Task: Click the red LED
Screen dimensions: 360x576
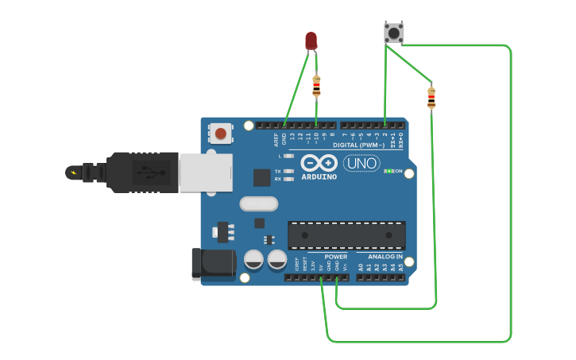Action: (x=311, y=40)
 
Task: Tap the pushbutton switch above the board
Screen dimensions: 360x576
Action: (x=393, y=33)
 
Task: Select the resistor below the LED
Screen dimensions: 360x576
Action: (x=317, y=85)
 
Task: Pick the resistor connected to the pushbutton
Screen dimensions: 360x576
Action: (x=431, y=98)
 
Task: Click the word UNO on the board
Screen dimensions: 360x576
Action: (x=361, y=163)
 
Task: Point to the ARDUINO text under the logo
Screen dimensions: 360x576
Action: (x=319, y=176)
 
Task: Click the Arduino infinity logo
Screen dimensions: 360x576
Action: (x=319, y=163)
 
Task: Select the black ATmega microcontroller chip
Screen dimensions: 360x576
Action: (x=346, y=234)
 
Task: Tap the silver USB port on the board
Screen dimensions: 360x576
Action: (x=206, y=172)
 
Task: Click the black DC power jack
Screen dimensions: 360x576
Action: (x=213, y=264)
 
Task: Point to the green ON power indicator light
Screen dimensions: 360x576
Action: (x=389, y=171)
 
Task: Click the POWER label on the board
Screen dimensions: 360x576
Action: (x=336, y=257)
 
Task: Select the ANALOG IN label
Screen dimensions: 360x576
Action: (x=385, y=257)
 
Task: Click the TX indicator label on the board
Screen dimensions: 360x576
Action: (x=277, y=171)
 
